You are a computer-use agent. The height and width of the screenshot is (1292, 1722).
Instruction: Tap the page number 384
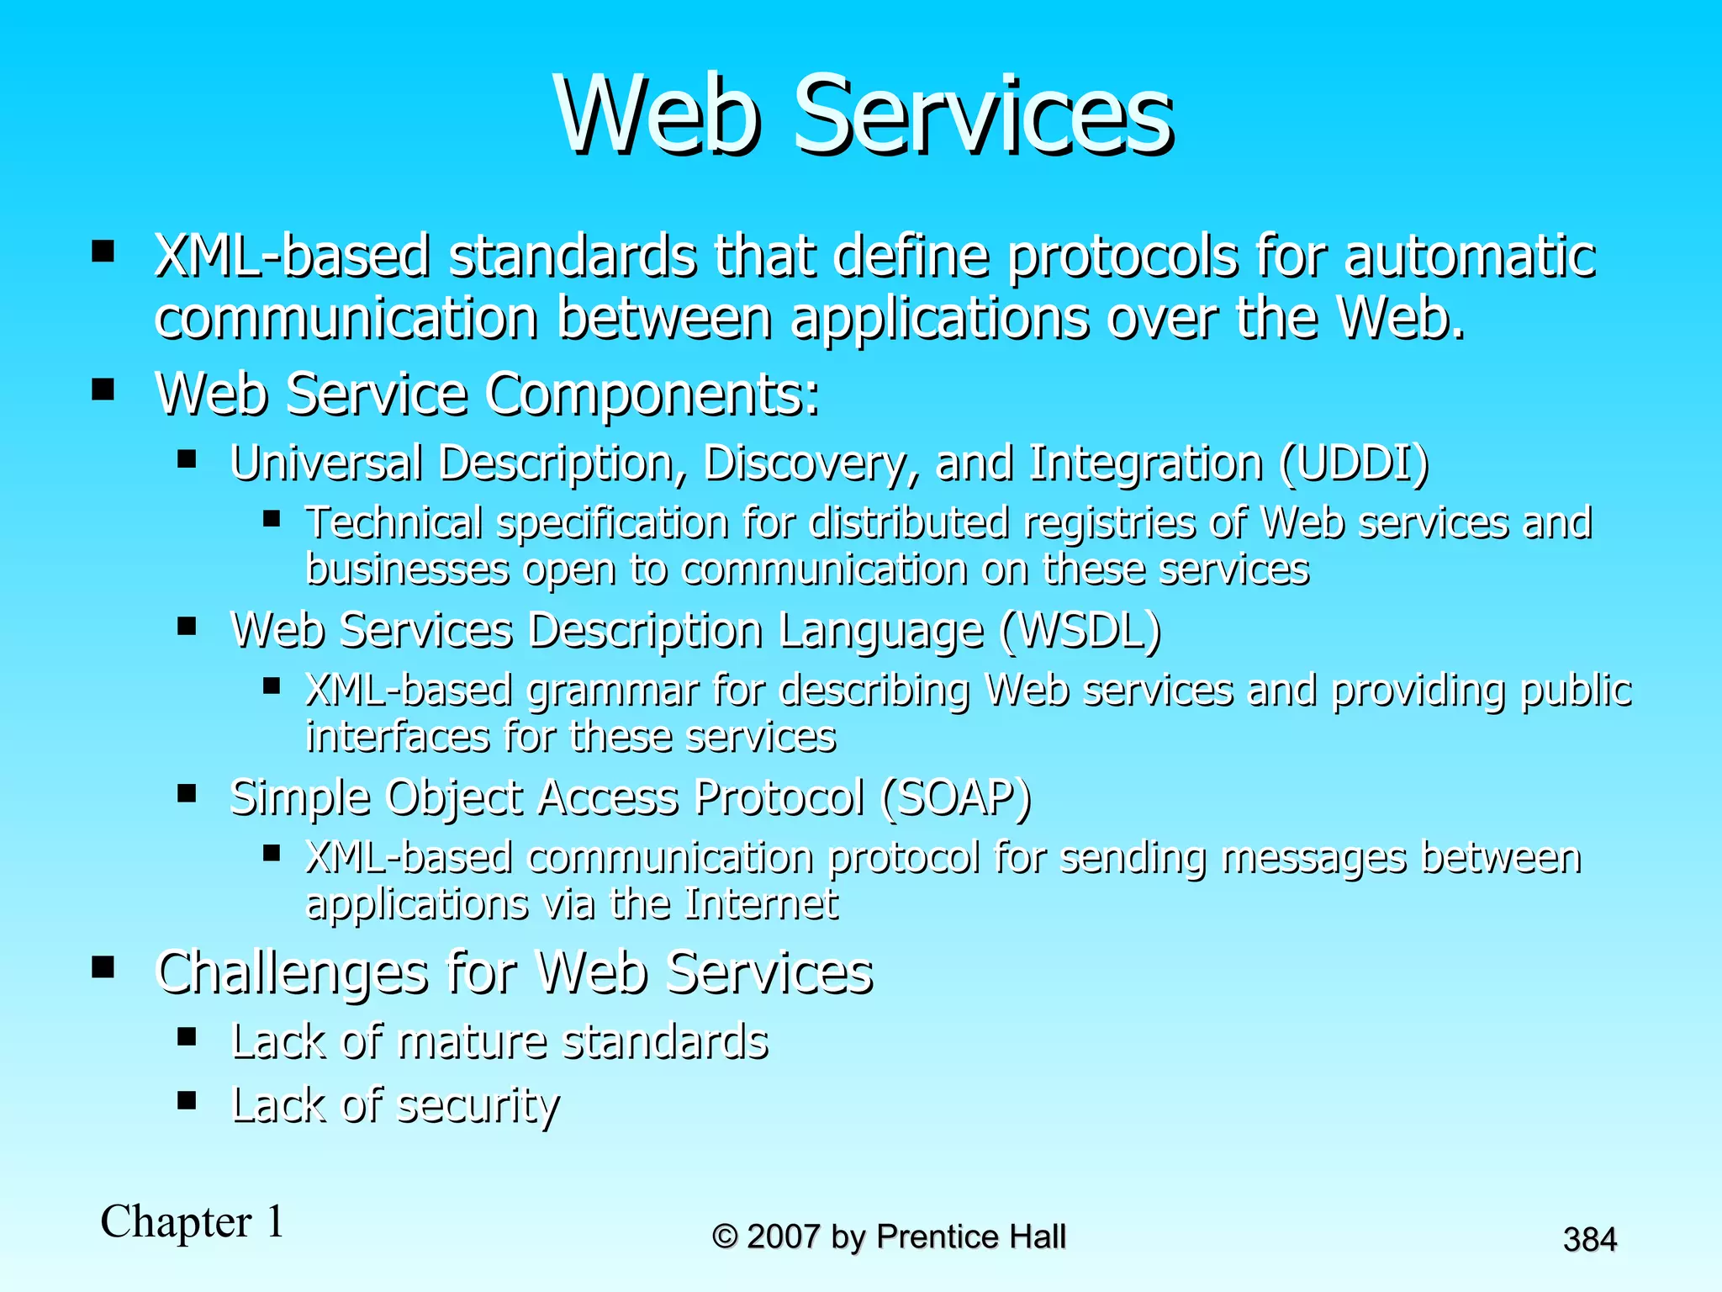pyautogui.click(x=1589, y=1240)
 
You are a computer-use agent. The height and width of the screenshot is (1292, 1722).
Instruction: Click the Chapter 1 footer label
pyautogui.click(x=193, y=1221)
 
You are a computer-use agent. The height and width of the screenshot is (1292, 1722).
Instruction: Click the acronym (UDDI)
pyautogui.click(x=1353, y=463)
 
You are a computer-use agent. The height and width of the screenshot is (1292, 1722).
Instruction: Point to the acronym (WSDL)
pyautogui.click(x=1080, y=631)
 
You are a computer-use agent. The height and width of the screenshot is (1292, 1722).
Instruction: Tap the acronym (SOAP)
pyautogui.click(x=955, y=797)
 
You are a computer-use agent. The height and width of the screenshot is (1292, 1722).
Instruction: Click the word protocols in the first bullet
pyautogui.click(x=1122, y=257)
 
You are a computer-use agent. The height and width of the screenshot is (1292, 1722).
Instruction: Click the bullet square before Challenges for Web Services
pyautogui.click(x=103, y=967)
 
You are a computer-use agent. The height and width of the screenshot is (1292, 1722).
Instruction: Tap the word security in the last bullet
pyautogui.click(x=477, y=1105)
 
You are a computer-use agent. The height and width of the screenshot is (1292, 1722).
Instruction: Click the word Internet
pyautogui.click(x=761, y=904)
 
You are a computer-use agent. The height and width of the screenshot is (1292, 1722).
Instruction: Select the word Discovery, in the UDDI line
pyautogui.click(x=811, y=463)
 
